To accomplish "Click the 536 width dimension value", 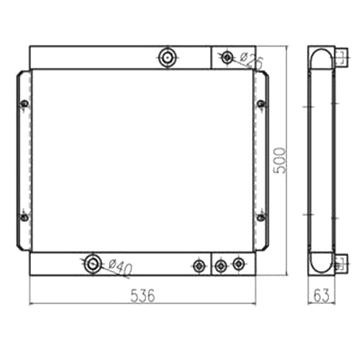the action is [143, 296].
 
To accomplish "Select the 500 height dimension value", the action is [280, 161].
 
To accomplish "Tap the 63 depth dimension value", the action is [321, 296].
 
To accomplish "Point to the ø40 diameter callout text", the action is [121, 267].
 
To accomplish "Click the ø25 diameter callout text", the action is [252, 60].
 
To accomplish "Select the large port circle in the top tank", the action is [168, 58].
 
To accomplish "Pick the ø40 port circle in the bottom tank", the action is [93, 264].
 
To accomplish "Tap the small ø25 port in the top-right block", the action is [227, 58].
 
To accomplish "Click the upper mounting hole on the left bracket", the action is [25, 104].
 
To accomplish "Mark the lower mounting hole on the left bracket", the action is [25, 217].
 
